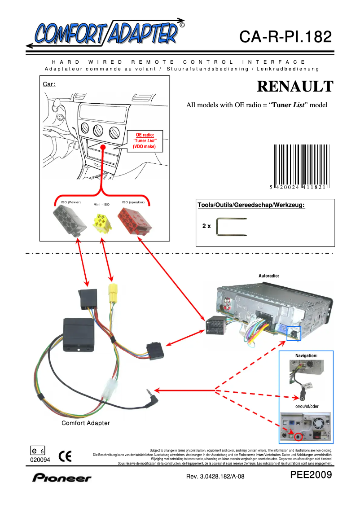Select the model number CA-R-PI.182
285,36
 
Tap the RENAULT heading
295,86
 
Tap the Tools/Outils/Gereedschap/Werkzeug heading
251,205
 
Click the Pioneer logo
61,478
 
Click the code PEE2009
311,475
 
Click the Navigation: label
306,355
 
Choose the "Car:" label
49,84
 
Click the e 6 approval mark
37,451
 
